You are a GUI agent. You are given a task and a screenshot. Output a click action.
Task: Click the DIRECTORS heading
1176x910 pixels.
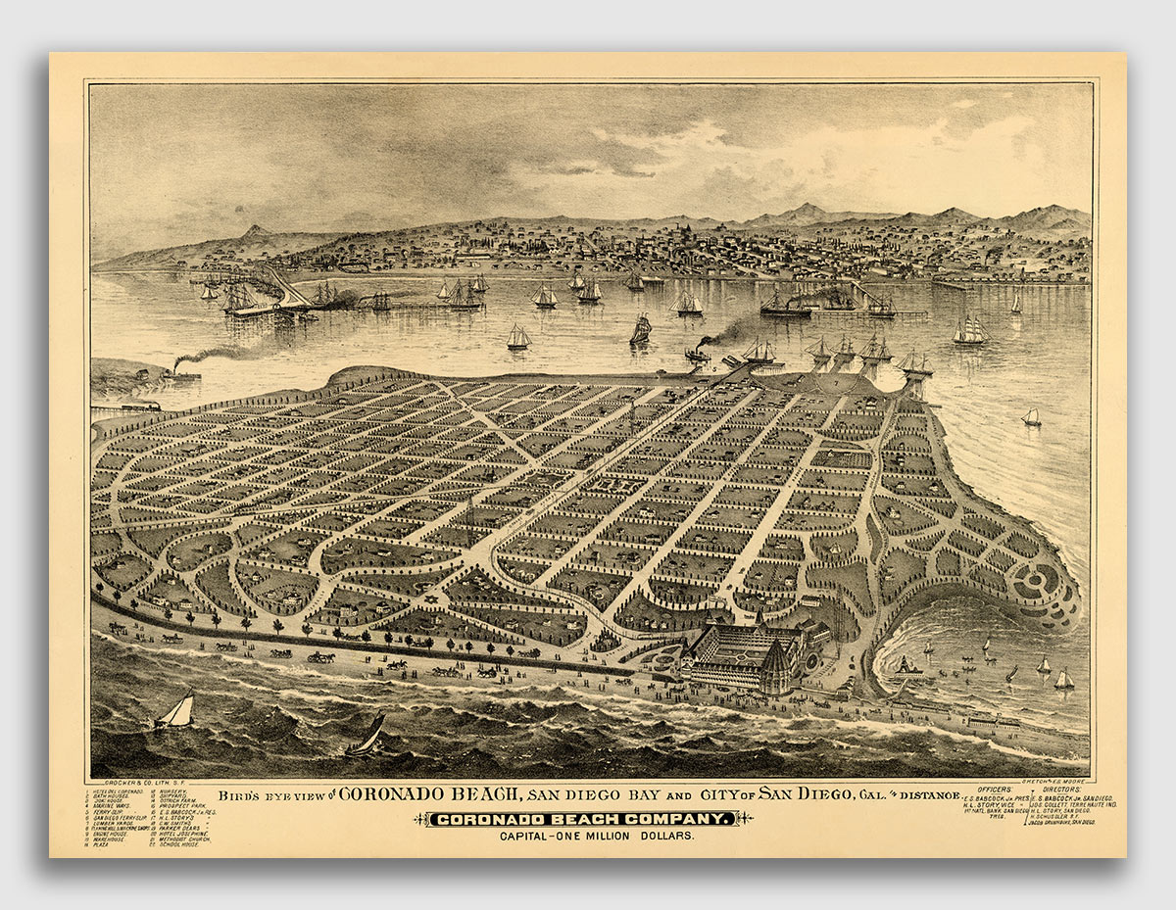pos(1064,789)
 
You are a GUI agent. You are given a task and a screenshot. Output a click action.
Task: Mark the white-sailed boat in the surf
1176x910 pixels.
pos(175,712)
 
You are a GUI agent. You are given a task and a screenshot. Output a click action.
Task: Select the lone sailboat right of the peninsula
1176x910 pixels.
pos(1031,417)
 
